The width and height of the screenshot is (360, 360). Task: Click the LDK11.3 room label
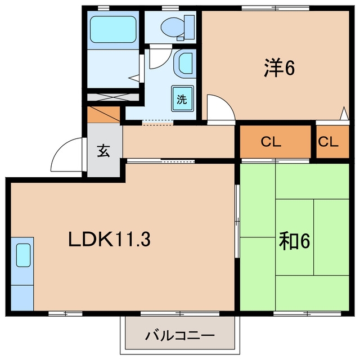click(110, 239)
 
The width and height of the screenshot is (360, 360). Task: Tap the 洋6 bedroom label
click(279, 67)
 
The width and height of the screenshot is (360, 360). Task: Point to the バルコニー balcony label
click(180, 336)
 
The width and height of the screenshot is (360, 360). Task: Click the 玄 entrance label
click(103, 151)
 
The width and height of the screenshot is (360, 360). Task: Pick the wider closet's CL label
click(271, 142)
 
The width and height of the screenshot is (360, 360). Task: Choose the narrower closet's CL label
click(328, 142)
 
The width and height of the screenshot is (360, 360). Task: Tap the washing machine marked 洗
click(182, 98)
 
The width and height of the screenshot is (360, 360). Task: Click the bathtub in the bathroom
click(113, 29)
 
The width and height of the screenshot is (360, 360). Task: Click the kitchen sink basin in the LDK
click(23, 255)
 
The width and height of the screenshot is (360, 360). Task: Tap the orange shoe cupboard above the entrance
click(103, 114)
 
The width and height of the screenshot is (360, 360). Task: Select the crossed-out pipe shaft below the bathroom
click(113, 97)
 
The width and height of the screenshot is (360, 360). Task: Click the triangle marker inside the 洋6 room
click(344, 113)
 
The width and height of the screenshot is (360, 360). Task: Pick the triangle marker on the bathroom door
click(134, 78)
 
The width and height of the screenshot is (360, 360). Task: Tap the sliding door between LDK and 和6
click(237, 221)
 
